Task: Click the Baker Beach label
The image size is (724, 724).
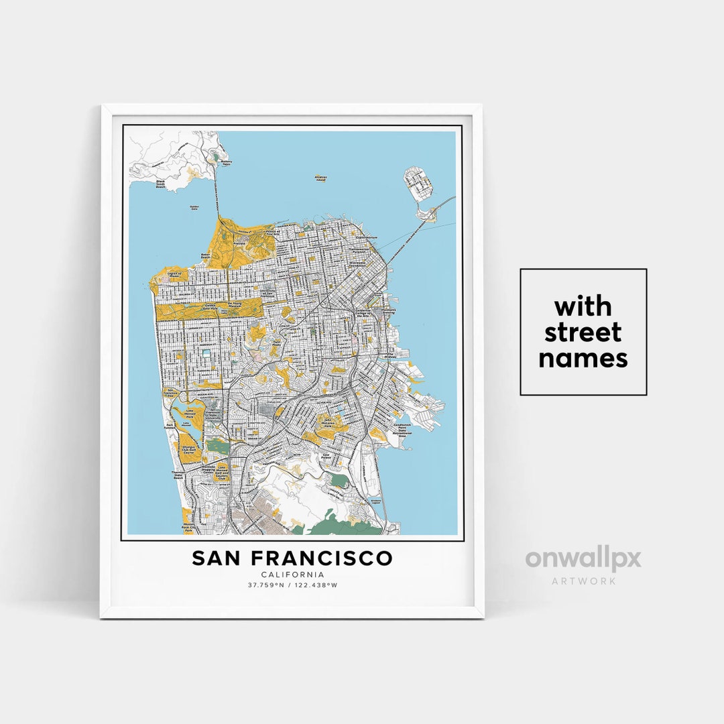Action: tap(205, 256)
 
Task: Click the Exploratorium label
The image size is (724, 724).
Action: tap(367, 238)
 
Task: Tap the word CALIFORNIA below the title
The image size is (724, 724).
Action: tap(292, 575)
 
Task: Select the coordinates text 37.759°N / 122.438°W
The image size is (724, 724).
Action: tap(292, 585)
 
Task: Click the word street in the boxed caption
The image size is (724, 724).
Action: tap(583, 333)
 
